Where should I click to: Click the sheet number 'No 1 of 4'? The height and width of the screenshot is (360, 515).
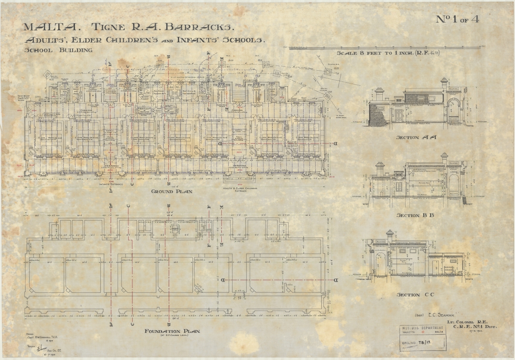pyautogui.click(x=457, y=19)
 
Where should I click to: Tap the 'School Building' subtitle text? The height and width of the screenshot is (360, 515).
pyautogui.click(x=58, y=50)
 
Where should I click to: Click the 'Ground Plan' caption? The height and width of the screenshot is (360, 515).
pyautogui.click(x=171, y=191)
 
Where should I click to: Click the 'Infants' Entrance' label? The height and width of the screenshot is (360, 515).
pyautogui.click(x=111, y=184)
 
